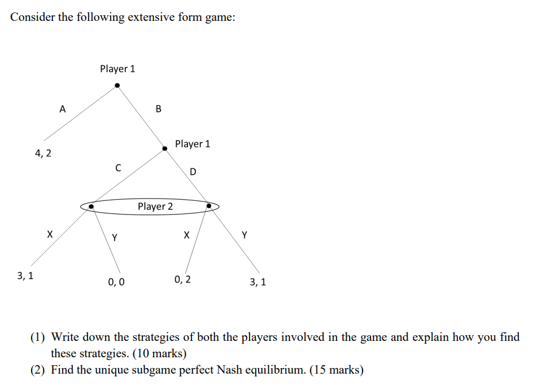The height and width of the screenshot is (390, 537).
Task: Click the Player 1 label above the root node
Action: pos(117,69)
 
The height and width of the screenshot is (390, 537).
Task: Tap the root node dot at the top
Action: pos(117,86)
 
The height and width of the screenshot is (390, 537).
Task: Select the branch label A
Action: pos(63,109)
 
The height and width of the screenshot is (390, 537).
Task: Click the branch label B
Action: pos(158,109)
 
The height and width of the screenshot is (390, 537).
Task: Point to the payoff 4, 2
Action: pos(43,152)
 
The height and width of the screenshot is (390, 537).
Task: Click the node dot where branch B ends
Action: pos(165,148)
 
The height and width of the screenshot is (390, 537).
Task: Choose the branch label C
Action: pos(117,168)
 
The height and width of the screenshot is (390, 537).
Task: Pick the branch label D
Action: pos(193,172)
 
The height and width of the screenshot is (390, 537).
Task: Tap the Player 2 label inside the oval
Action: pos(155,207)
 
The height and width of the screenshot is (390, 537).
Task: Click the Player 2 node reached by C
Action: pos(90,207)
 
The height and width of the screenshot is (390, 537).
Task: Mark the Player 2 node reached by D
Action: pos(209,207)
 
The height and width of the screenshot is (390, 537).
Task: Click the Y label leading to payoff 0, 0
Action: pos(115,238)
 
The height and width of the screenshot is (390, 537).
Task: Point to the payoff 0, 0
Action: pos(116,281)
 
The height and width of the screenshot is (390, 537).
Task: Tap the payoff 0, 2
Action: pos(183,279)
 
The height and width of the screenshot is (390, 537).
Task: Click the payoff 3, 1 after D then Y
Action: pos(257,281)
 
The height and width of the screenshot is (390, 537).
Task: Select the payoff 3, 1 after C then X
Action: pos(25,276)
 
